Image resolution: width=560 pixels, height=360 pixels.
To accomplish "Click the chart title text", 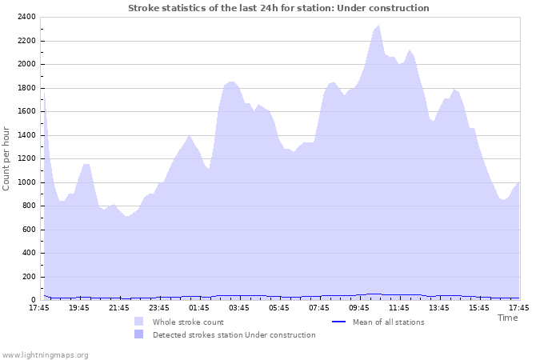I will [278, 8].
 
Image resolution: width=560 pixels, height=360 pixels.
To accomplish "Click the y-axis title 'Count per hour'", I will [7, 158].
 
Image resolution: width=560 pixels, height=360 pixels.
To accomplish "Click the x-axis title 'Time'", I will [507, 318].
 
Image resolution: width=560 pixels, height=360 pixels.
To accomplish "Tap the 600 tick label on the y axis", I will [28, 230].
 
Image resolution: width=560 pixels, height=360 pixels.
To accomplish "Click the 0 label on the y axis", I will [33, 300].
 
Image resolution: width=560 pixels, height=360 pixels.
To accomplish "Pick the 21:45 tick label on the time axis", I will [118, 308].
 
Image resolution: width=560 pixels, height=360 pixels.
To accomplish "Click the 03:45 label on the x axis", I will [238, 308].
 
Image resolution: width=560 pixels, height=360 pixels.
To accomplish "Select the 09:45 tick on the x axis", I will [358, 308].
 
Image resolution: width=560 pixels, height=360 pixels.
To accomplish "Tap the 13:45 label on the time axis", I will [438, 308].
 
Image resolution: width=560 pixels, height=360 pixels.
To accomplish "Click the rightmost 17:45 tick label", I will [518, 308].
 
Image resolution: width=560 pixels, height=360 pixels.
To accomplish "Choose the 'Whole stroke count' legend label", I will [188, 322].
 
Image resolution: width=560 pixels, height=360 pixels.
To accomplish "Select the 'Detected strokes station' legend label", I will [234, 335].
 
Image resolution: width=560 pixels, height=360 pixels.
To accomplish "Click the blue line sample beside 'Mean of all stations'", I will [338, 322].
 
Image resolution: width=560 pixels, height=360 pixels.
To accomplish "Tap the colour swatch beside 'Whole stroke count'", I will [139, 322].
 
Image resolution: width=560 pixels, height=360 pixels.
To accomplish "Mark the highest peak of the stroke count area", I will [378, 26].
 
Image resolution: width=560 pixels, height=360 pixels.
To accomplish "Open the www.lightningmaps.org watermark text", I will [45, 354].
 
